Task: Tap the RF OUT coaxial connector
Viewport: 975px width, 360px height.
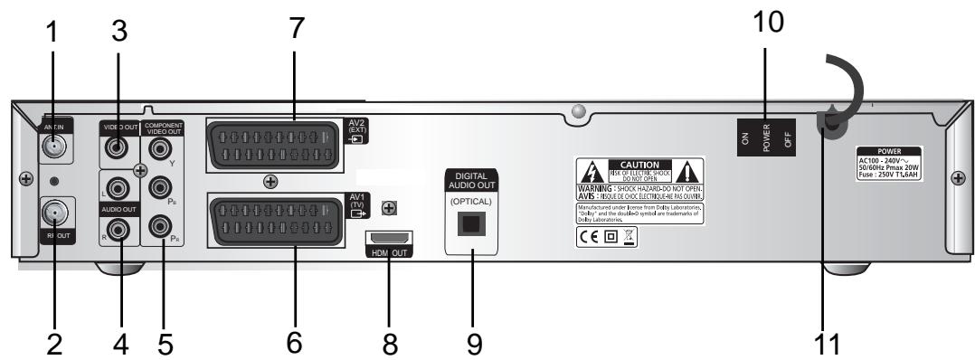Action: point(51,214)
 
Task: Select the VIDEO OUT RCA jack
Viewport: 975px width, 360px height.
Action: point(118,145)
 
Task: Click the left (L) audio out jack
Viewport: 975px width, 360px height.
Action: point(118,190)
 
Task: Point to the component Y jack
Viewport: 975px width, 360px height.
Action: point(162,146)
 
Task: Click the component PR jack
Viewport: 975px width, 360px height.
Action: point(162,223)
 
